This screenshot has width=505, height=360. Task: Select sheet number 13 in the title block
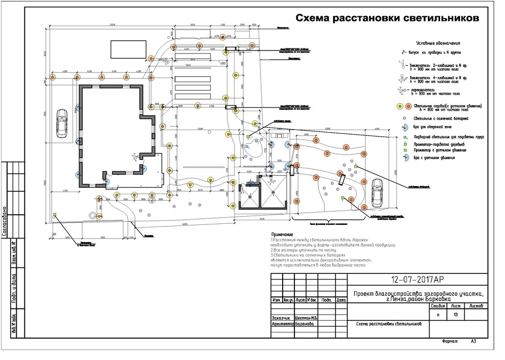(455, 315)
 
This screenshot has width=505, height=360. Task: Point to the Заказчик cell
(282, 317)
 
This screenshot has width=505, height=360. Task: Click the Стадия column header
(438, 306)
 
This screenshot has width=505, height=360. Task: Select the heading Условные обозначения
(438, 43)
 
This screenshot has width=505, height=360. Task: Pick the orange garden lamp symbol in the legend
(409, 107)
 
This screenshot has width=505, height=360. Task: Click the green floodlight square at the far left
(55, 215)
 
